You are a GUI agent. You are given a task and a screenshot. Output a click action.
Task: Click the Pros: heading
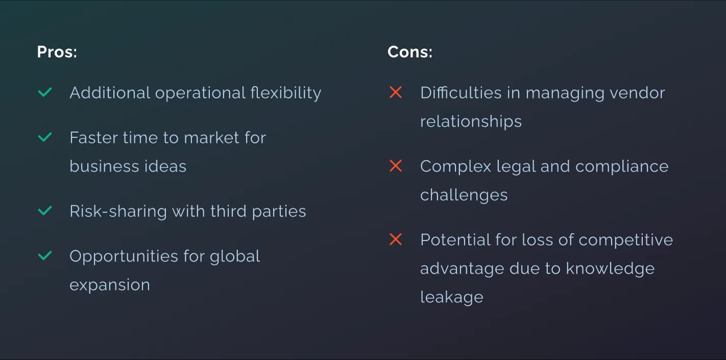(57, 52)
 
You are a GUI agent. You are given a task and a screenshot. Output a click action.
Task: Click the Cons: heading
(410, 52)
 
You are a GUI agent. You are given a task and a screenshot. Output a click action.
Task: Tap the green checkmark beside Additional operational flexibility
(45, 92)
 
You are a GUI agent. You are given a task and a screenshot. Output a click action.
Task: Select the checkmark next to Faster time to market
(45, 137)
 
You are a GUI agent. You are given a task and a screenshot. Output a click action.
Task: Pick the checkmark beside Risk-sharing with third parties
(45, 210)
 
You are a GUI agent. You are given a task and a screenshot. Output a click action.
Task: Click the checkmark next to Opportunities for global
(45, 256)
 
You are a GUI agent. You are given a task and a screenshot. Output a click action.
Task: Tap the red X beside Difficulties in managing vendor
(396, 92)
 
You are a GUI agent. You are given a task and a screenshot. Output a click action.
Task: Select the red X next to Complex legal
(396, 166)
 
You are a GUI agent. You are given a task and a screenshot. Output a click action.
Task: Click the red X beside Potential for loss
(396, 239)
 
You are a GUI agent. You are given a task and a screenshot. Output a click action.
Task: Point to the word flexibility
(286, 93)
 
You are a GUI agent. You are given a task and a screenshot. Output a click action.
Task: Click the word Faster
(93, 137)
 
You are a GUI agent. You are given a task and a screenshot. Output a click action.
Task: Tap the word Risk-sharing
(118, 211)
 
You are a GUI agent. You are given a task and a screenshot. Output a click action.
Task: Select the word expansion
(110, 285)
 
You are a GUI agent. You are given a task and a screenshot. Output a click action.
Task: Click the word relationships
(471, 122)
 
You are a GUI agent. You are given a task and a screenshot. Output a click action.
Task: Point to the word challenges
(464, 195)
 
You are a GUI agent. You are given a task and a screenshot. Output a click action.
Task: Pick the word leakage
(452, 297)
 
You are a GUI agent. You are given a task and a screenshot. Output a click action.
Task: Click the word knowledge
(610, 269)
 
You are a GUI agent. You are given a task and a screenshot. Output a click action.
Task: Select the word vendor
(638, 92)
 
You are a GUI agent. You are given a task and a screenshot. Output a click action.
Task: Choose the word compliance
(622, 167)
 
